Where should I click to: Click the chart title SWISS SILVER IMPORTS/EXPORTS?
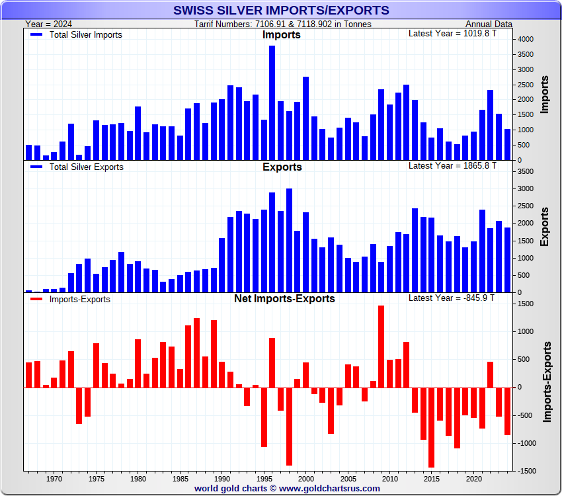(281, 11)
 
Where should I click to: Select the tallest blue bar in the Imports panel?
(272, 103)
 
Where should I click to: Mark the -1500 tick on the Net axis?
(526, 471)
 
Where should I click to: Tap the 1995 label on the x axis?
(264, 478)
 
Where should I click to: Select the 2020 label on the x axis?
(473, 478)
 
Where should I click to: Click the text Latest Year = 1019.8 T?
(452, 34)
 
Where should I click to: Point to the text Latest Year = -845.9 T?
(452, 298)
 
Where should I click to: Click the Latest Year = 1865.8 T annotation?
(452, 166)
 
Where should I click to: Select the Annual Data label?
(489, 24)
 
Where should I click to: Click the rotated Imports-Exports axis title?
(547, 382)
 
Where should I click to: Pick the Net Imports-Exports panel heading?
(284, 299)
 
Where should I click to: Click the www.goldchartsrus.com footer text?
(329, 489)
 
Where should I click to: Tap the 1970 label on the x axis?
(54, 478)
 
